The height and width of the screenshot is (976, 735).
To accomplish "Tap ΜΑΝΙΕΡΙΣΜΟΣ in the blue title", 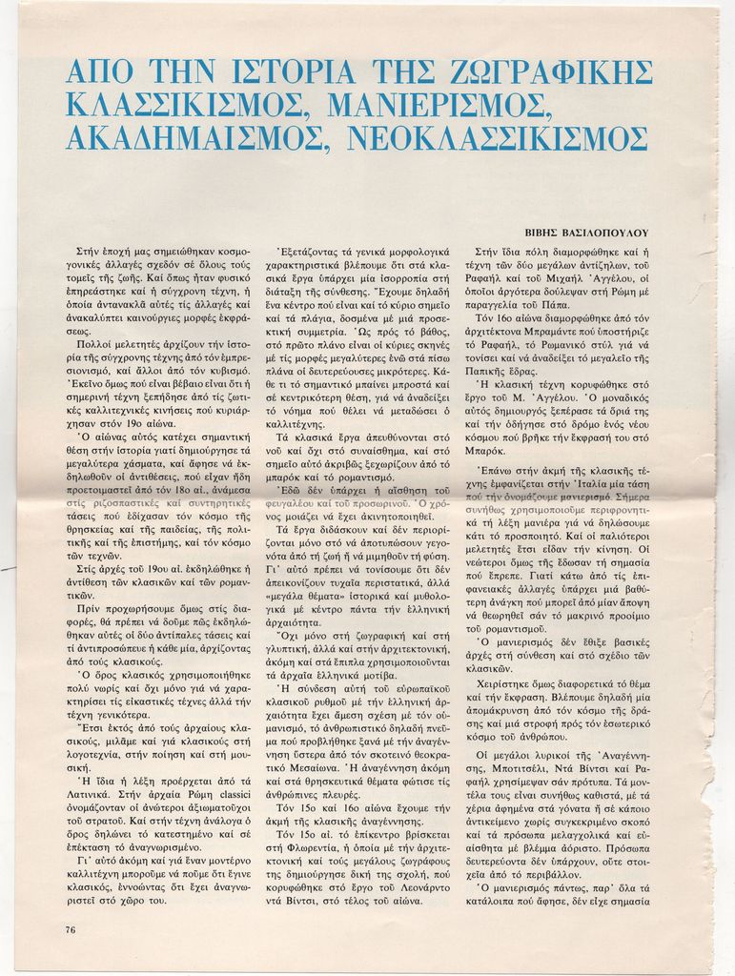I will [441, 105].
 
